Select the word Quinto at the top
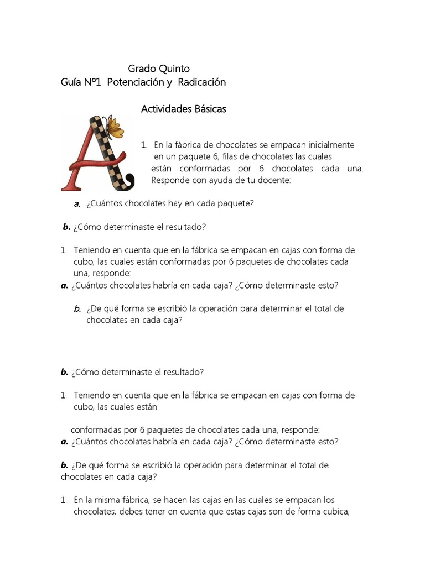coord(174,69)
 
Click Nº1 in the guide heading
coord(93,82)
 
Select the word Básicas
coord(210,109)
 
